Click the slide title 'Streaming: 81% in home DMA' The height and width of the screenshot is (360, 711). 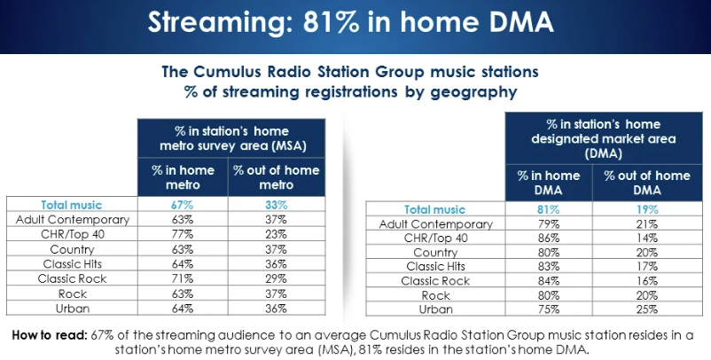point(355,22)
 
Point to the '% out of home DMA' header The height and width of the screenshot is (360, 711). point(646,183)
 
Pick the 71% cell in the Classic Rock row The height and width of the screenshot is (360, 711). point(182,278)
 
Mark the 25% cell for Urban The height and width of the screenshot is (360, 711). point(646,309)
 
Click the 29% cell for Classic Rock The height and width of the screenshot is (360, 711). point(276,278)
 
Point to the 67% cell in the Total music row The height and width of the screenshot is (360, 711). point(182,205)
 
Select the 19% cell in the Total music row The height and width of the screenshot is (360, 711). point(646,210)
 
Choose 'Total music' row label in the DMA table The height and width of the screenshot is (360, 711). point(435,210)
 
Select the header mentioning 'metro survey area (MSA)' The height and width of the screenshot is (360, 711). point(229,137)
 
